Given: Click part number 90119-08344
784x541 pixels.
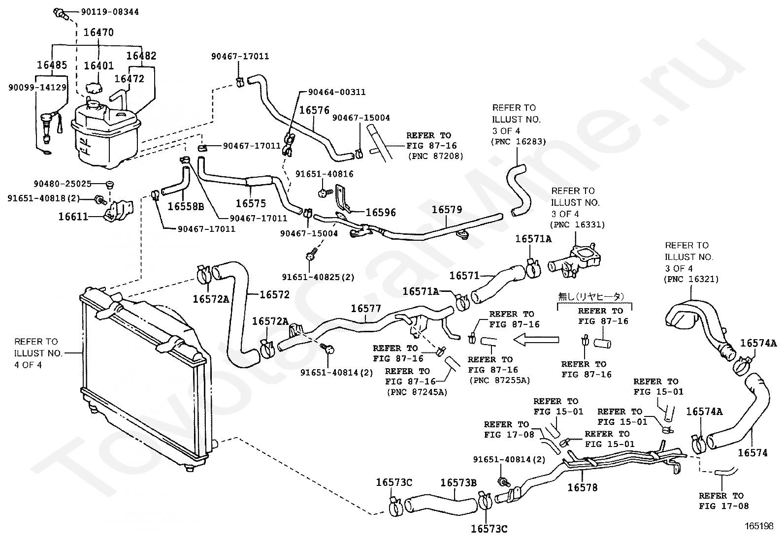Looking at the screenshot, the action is (110, 12).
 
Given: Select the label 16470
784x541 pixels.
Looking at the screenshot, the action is (98, 32).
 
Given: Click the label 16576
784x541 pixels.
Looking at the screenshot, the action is (314, 110).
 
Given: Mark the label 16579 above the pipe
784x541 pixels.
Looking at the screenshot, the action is (447, 210).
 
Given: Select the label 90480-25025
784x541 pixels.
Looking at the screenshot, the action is (63, 184).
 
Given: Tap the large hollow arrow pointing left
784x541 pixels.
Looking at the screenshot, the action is (536, 340).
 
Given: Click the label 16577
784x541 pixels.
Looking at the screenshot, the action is (366, 308).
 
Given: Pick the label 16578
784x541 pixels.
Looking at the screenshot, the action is (583, 487).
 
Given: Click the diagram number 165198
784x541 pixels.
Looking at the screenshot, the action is (759, 526).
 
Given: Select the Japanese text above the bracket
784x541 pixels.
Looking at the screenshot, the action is (591, 297).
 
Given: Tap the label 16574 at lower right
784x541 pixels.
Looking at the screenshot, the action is (752, 453).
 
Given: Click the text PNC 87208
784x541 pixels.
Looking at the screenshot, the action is (435, 156).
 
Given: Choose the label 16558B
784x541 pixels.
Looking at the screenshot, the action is (186, 206).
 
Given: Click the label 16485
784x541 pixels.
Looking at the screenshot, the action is (52, 65).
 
